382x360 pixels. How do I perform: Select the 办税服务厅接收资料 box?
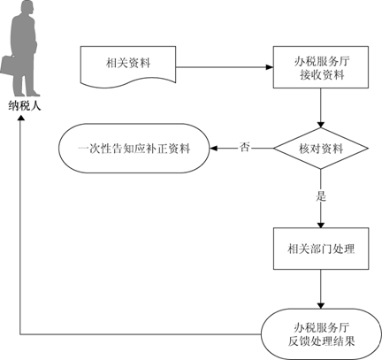[x=321, y=67]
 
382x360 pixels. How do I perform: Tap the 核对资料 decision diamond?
[x=321, y=149]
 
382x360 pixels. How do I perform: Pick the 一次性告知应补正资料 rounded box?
[x=134, y=149]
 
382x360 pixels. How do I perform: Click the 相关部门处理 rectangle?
[x=321, y=249]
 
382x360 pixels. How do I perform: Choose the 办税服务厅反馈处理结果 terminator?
[x=321, y=334]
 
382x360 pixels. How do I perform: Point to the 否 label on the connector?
[x=244, y=147]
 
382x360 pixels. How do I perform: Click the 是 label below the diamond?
[x=321, y=195]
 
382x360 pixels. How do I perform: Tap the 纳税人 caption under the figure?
[x=25, y=106]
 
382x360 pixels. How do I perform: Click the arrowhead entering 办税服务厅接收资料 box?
[x=270, y=67]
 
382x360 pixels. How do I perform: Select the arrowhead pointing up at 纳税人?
[x=20, y=117]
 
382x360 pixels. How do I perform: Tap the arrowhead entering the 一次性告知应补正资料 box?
[x=213, y=149]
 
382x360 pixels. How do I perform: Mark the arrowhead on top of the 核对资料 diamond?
[x=321, y=124]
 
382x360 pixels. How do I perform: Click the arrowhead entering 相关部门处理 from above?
[x=321, y=225]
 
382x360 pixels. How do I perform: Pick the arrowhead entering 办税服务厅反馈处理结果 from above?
[x=321, y=305]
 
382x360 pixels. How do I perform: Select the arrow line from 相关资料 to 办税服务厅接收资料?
[x=225, y=67]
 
